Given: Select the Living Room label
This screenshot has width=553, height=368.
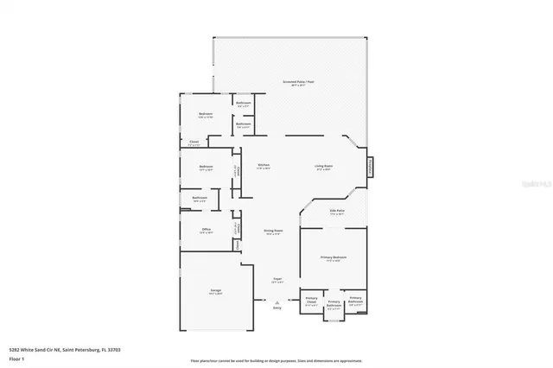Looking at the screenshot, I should point(323,166).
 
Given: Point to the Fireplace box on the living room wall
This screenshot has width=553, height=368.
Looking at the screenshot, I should point(371,166).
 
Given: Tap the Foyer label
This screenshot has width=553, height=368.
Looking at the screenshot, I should point(277,280).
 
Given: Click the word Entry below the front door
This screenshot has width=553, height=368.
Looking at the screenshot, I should point(277,308).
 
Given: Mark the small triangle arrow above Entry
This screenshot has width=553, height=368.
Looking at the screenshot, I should point(277,301).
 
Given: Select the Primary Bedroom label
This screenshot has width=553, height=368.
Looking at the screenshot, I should point(334,257).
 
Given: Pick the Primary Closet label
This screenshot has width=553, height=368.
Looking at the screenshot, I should point(311,300).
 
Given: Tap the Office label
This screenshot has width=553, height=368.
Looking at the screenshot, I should point(206,231).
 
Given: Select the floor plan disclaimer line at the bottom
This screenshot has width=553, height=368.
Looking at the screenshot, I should point(276,360).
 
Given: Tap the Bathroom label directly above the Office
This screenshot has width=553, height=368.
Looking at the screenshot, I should point(200,199).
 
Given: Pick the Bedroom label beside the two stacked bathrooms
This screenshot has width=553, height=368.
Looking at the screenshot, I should point(206,114).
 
